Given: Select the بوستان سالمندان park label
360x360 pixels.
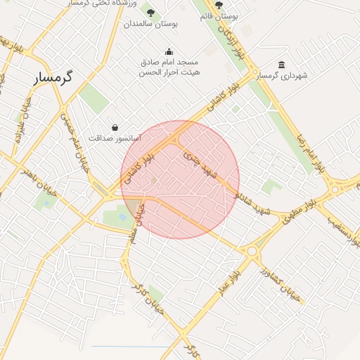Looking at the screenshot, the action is (x=151, y=24).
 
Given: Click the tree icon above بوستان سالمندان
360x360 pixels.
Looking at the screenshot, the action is (x=149, y=11).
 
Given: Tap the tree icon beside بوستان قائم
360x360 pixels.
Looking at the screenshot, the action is (x=219, y=4).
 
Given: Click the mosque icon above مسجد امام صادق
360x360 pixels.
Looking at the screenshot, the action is (x=169, y=51).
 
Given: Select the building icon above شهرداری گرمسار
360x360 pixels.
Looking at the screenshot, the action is (x=282, y=65).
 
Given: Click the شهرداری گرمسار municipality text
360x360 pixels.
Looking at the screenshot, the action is (x=281, y=75).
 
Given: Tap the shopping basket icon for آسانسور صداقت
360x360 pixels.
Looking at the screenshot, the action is (x=115, y=127).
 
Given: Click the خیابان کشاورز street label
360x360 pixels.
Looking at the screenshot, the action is (x=280, y=282).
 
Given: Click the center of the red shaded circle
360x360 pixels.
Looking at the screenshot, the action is (x=180, y=179).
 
